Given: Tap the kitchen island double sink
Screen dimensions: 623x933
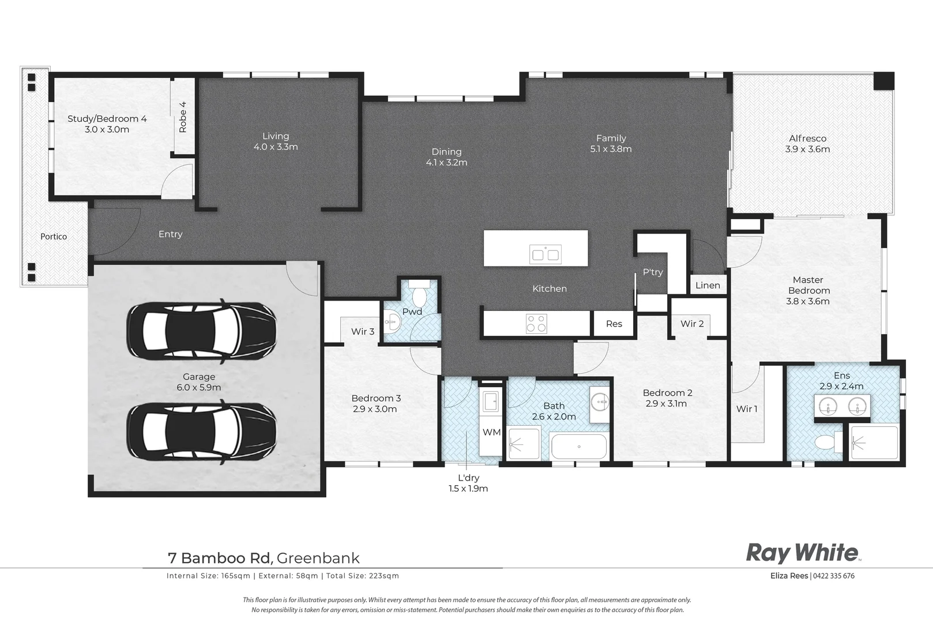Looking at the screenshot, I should [x=545, y=254].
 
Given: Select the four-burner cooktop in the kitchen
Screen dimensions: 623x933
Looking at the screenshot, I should [x=536, y=324].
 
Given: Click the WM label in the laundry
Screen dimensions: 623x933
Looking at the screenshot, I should [x=491, y=432].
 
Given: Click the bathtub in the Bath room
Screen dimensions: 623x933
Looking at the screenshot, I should [x=578, y=446].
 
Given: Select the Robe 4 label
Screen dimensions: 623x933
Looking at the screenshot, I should [x=183, y=117].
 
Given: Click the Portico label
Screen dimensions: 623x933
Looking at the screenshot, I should [x=54, y=237].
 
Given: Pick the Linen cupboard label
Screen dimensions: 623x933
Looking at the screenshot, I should [x=708, y=285].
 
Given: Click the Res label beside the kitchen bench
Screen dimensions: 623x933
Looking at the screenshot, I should [x=614, y=324].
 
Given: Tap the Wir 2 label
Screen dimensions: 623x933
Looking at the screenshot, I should [x=692, y=324].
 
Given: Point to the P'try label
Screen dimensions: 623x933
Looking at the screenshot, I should [x=653, y=272].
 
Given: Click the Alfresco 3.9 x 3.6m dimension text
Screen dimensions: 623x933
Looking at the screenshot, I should [x=807, y=149].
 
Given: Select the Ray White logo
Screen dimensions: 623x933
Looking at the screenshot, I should [x=803, y=553].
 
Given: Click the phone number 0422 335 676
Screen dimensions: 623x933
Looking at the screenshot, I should [x=834, y=576].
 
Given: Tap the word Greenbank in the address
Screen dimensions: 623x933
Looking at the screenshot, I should [x=318, y=558].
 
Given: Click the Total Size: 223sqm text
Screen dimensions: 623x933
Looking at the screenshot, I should [x=362, y=576].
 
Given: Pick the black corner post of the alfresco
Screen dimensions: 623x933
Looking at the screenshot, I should [x=883, y=81].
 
